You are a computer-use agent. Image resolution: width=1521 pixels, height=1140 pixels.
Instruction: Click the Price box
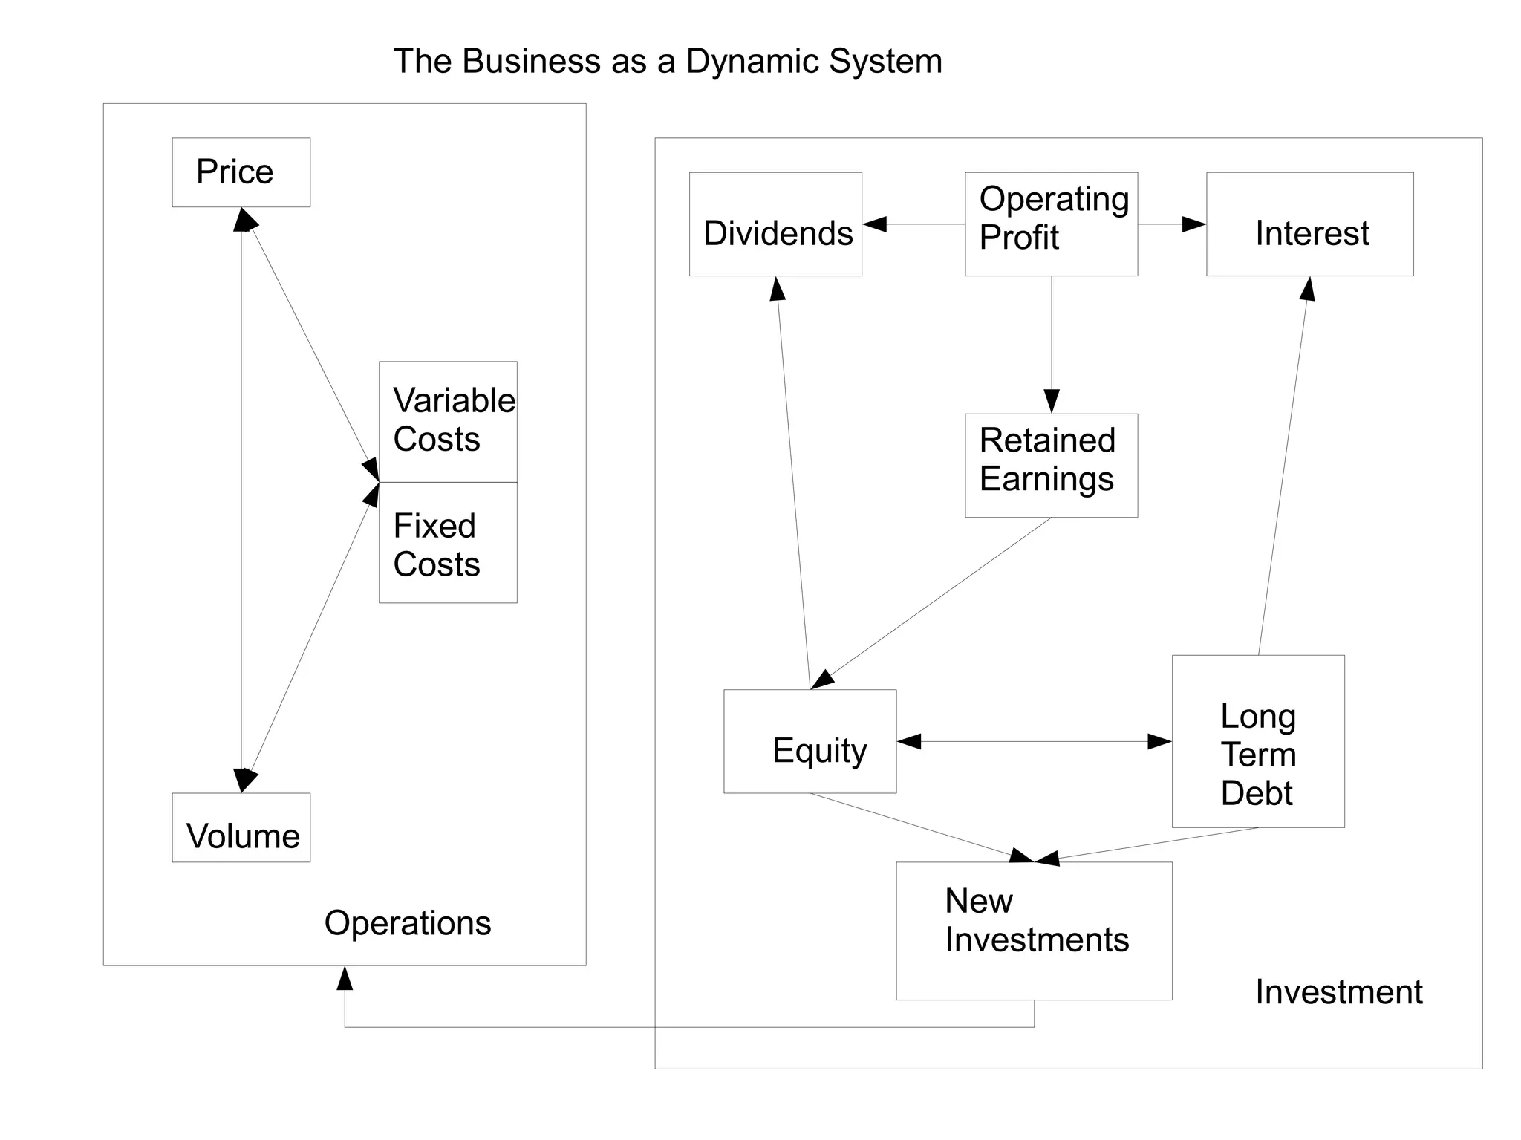[x=241, y=172]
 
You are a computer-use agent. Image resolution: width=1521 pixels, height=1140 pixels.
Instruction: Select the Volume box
[x=241, y=827]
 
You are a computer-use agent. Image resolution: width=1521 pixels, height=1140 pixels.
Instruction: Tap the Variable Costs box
[x=448, y=421]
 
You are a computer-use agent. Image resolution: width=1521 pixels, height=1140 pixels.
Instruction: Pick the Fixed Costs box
[x=448, y=543]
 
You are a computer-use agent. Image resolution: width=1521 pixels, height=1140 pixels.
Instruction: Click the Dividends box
[x=775, y=224]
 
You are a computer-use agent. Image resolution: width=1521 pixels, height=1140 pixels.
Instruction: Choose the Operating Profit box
[x=1051, y=224]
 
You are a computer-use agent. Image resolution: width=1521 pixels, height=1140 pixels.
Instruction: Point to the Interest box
[x=1309, y=224]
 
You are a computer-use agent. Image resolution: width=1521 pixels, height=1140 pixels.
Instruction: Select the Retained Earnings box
[x=1051, y=465]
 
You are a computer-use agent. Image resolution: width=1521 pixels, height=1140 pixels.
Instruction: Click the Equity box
[x=810, y=741]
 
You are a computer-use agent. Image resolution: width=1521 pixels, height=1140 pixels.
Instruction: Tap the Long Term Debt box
[x=1258, y=741]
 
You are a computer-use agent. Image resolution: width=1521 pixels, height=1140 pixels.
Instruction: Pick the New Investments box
[x=1034, y=931]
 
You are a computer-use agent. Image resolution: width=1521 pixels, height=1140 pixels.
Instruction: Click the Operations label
[x=408, y=923]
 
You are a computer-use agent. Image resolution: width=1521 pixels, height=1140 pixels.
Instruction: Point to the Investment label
[x=1338, y=992]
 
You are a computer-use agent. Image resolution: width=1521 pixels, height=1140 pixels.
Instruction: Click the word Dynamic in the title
[x=752, y=61]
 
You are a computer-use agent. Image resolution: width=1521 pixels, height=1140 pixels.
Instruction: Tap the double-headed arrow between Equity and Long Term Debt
[x=1034, y=741]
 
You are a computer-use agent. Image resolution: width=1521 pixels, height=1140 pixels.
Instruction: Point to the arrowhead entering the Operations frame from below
[x=345, y=979]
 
